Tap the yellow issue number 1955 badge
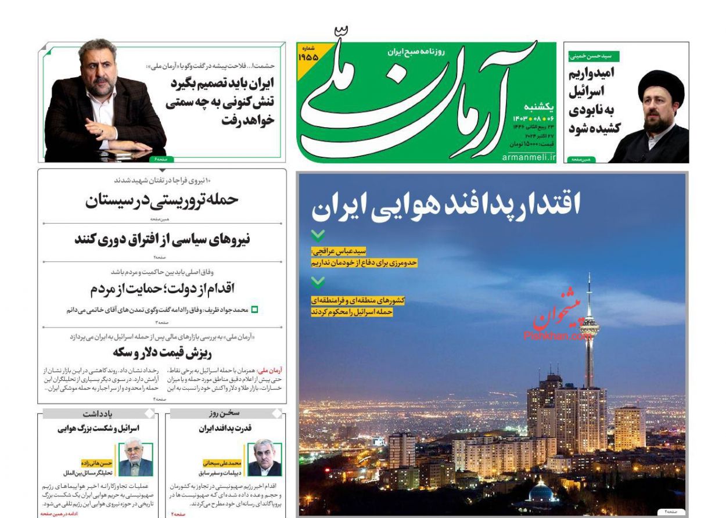tap(308, 56)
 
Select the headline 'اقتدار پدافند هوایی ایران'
tap(446, 206)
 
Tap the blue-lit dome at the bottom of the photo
tap(541, 492)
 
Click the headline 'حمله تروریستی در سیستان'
tap(162, 200)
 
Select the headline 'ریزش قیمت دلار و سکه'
tap(162, 352)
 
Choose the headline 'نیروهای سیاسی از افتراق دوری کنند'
tap(162, 239)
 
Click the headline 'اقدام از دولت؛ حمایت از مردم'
tap(162, 289)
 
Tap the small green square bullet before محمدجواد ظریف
tap(254, 310)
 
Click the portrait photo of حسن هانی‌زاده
tap(135, 459)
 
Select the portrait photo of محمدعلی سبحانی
tap(264, 459)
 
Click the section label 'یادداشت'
tap(98, 413)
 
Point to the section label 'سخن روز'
tap(225, 413)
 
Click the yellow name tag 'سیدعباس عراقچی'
tap(339, 251)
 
